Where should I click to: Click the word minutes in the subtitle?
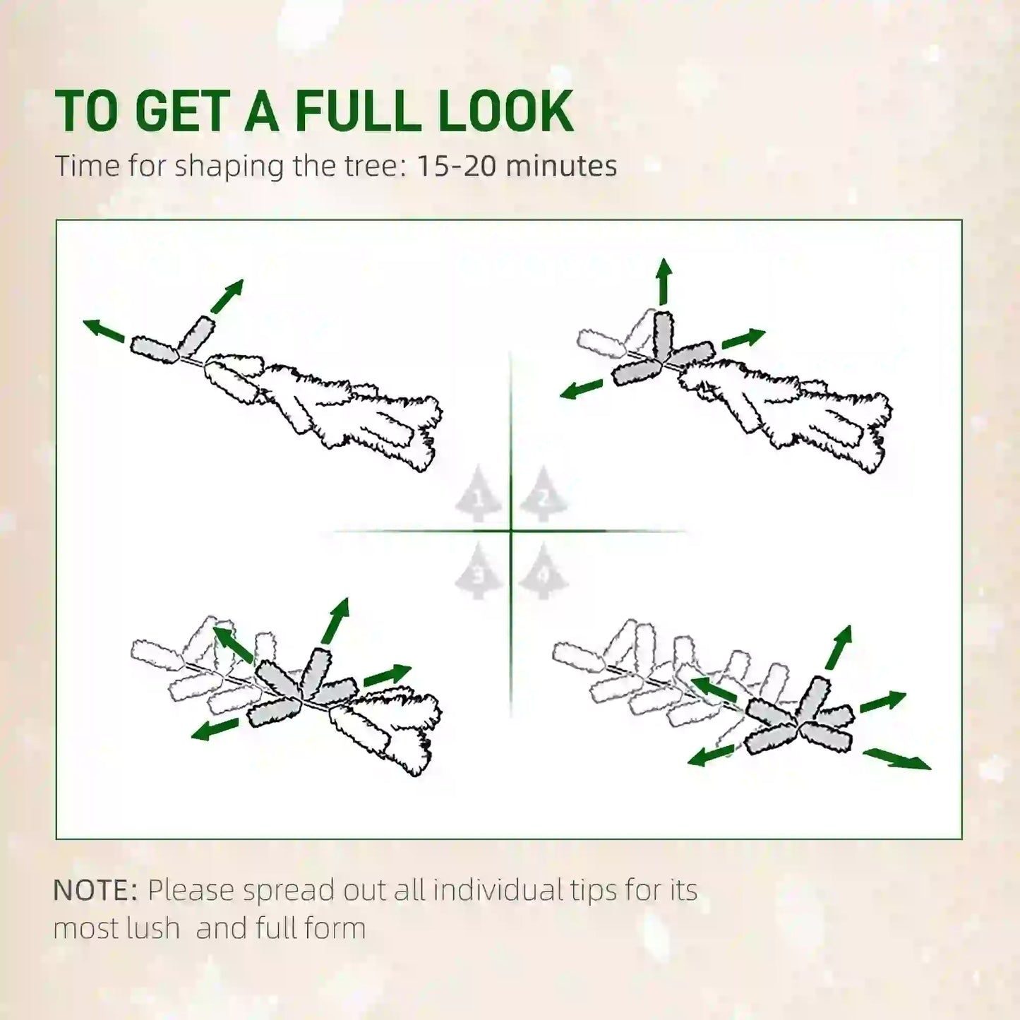coord(561,166)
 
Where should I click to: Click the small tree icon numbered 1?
coord(478,495)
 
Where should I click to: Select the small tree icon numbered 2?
coord(544,495)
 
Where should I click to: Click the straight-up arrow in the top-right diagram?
coord(664,282)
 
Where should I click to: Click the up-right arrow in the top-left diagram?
coord(227,296)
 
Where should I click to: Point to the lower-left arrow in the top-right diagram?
coord(581,389)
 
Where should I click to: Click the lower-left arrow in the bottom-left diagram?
coord(215,729)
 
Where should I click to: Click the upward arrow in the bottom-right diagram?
coord(839,647)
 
